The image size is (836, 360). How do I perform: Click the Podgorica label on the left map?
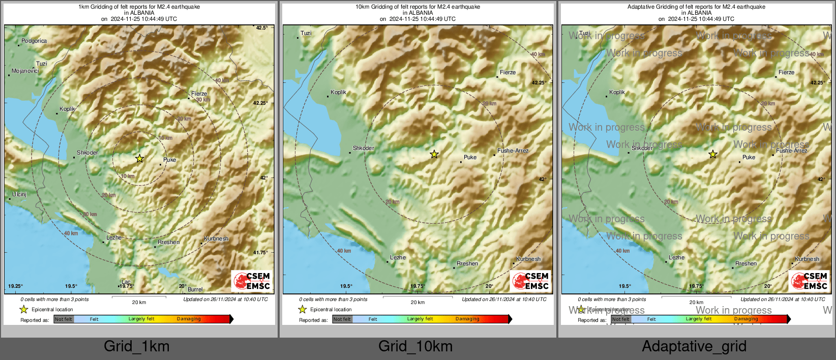34,41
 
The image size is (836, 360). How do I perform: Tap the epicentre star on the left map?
140,159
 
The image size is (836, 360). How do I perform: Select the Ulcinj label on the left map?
19,195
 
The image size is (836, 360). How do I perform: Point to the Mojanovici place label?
25,71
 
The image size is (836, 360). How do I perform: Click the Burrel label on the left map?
195,289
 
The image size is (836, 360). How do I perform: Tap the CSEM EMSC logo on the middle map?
531,281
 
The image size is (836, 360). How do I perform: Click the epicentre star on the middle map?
434,154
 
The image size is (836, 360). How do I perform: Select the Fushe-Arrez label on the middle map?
513,151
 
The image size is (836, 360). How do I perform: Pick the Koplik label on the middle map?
338,93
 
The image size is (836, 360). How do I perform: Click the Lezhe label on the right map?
676,258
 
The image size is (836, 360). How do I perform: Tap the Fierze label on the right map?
786,73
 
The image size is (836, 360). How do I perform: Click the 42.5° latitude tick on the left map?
261,28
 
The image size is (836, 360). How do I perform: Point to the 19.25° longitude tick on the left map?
15,286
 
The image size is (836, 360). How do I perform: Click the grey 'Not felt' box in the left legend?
64,319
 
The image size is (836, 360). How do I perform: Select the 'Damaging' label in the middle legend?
467,319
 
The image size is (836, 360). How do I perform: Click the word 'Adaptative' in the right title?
642,7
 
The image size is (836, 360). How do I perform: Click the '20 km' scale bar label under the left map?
139,303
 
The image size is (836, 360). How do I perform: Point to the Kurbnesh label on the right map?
807,259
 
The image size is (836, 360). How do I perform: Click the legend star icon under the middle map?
303,310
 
